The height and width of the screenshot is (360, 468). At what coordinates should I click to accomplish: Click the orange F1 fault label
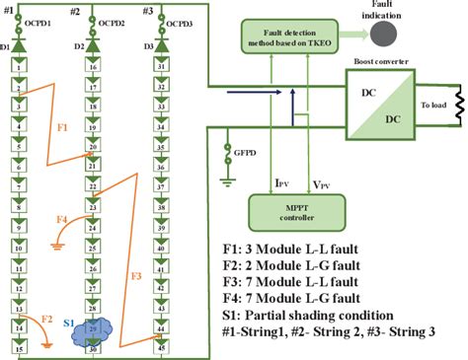click(61, 127)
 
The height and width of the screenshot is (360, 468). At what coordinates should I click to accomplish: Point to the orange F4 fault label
click(62, 219)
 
